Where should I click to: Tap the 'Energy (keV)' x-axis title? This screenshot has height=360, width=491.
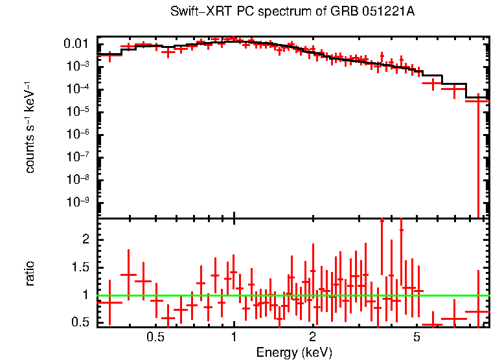[294, 352]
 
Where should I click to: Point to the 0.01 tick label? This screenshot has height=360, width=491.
[75, 44]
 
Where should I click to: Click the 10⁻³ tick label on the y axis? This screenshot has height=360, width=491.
[78, 66]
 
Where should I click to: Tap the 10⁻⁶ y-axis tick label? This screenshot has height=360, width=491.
[78, 134]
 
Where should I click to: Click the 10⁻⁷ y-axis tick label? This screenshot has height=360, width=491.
[78, 157]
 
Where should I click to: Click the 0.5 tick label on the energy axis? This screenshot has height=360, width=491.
[155, 337]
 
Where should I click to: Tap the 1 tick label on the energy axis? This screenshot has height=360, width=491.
[234, 337]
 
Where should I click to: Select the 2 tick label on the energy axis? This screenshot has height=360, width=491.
[312, 337]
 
